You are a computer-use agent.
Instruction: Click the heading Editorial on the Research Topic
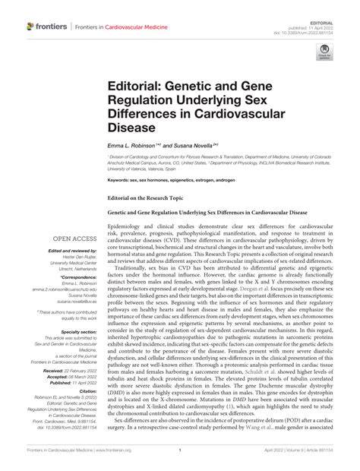pos(150,196)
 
